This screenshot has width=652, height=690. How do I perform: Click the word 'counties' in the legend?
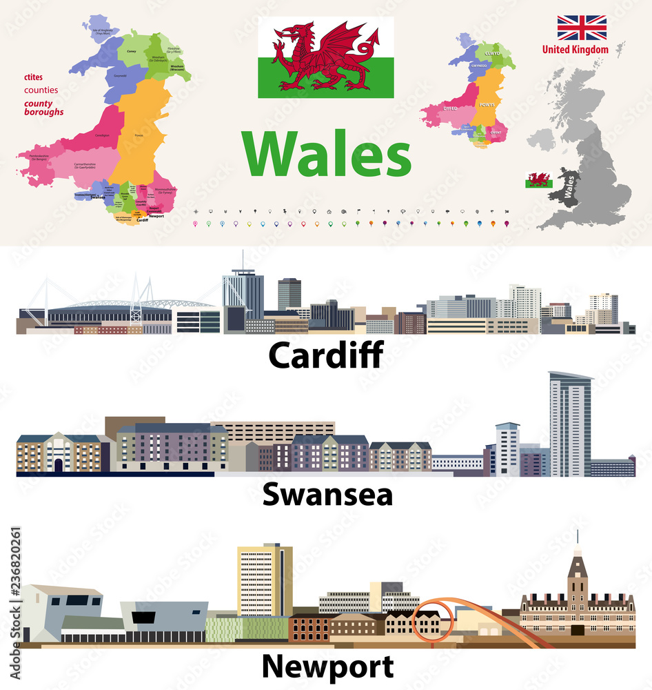(x=41, y=90)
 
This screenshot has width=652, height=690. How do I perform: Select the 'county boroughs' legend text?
(x=44, y=108)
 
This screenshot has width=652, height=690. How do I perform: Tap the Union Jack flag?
(x=582, y=28)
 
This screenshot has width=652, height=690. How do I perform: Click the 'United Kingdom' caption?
(x=575, y=50)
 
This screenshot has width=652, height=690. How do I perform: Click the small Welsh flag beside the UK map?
(x=538, y=179)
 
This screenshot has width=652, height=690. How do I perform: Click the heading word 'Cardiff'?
(x=325, y=355)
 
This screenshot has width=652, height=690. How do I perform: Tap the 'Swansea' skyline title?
(x=327, y=495)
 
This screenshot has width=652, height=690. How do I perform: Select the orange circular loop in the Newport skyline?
(x=433, y=621)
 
